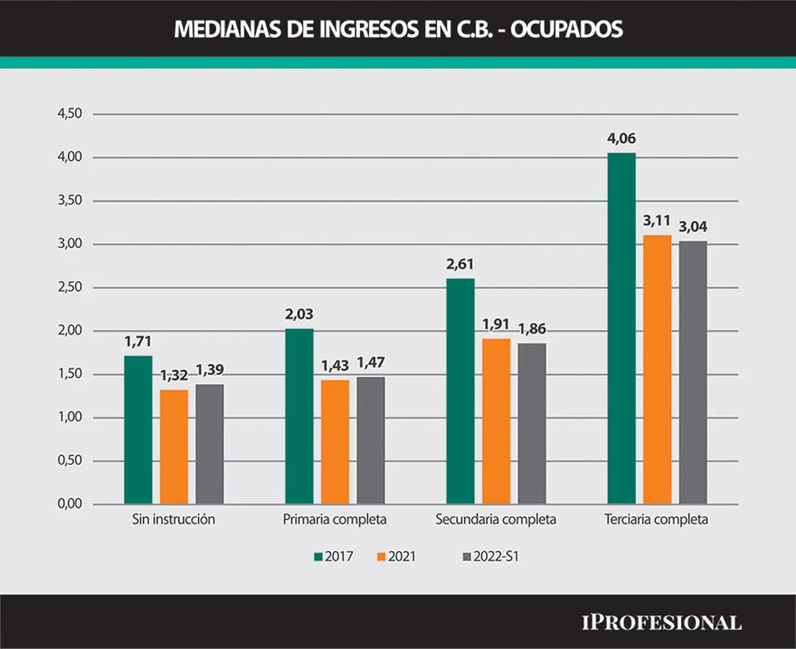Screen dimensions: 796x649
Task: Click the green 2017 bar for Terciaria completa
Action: (621, 328)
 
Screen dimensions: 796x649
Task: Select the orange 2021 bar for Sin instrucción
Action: (174, 447)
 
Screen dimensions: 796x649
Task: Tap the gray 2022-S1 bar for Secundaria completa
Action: (532, 423)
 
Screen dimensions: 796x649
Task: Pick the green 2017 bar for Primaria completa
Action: (299, 416)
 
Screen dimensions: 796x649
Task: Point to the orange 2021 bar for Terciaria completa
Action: (657, 369)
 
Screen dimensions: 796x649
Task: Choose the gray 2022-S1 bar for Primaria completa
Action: (371, 440)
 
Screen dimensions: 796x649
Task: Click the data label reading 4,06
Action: (621, 139)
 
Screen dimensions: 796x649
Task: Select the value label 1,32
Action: (174, 375)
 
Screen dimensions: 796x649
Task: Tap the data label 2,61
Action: (460, 264)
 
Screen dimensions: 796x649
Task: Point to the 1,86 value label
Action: (532, 329)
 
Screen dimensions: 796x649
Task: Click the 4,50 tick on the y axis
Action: (70, 113)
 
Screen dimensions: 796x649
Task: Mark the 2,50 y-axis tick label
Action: (70, 287)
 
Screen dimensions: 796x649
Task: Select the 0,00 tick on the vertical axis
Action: (70, 504)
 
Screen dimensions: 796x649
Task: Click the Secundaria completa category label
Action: (496, 520)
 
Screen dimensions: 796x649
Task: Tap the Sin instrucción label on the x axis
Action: (174, 519)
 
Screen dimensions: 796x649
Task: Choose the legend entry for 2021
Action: (396, 556)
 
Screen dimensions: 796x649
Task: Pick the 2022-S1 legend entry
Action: (491, 556)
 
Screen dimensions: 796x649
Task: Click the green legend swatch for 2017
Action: (318, 557)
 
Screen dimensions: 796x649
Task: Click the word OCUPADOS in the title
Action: (567, 29)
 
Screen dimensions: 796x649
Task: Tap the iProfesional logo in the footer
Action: (662, 623)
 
